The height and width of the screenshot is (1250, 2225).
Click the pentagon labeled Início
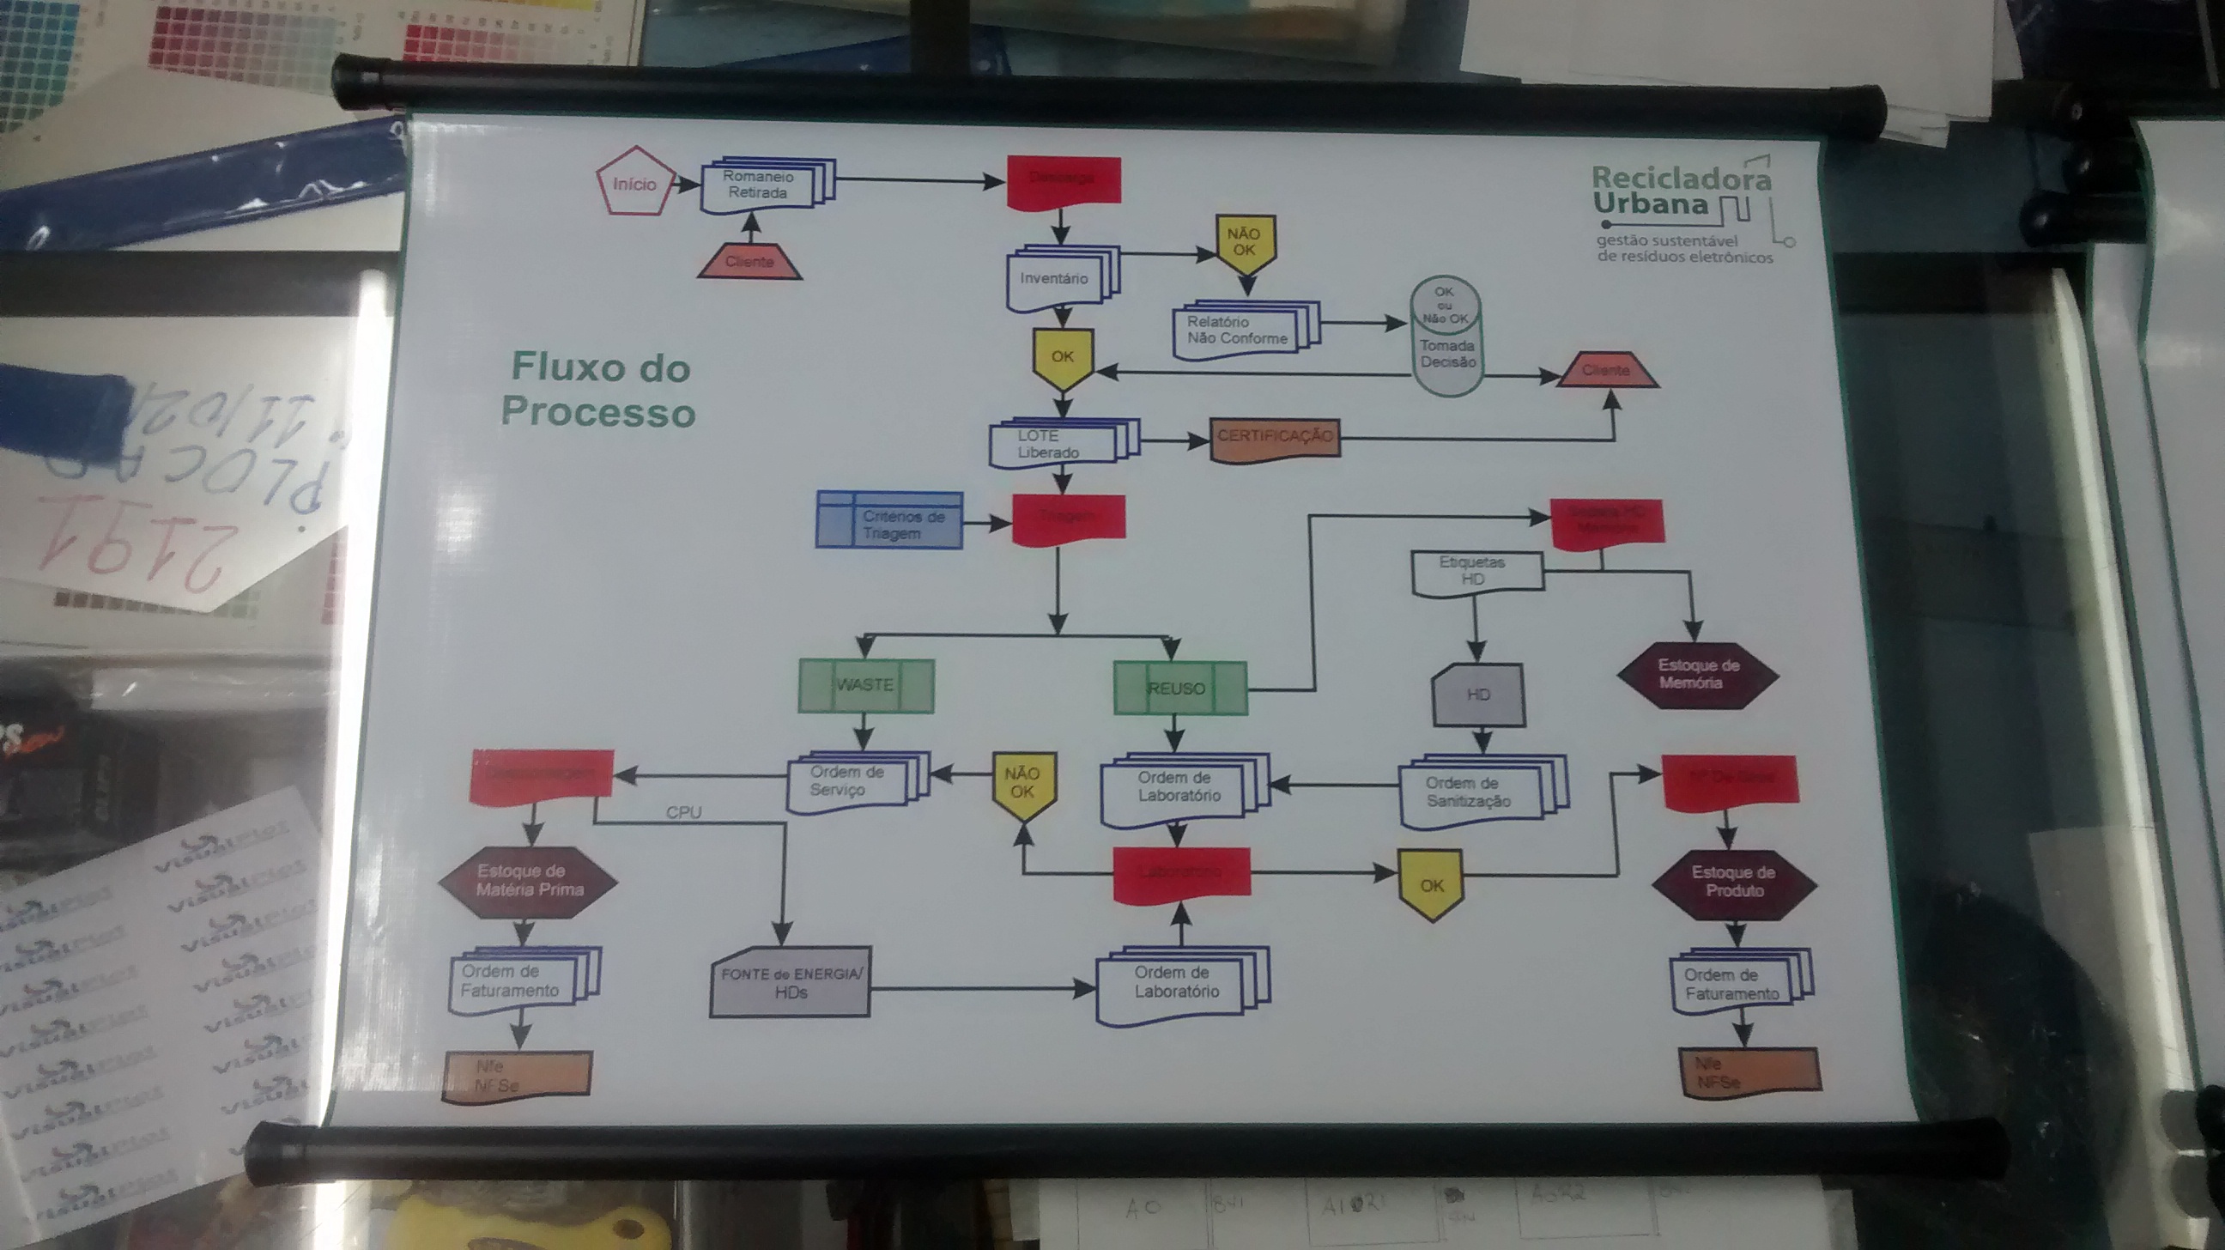634,182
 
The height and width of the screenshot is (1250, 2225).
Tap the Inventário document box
1055,278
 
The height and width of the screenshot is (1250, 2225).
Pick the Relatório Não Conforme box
1238,330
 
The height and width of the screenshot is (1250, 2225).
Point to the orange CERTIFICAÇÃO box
1275,438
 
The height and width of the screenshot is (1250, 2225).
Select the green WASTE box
865,685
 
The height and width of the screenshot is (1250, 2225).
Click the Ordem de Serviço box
848,782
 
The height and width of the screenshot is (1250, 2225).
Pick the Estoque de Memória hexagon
1696,675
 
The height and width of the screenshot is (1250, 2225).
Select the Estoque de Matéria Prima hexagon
529,881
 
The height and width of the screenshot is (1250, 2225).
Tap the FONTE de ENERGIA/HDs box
791,984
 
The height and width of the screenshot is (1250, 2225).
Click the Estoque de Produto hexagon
1733,882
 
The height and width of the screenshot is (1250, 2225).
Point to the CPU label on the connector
684,812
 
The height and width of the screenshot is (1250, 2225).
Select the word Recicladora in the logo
1681,179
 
